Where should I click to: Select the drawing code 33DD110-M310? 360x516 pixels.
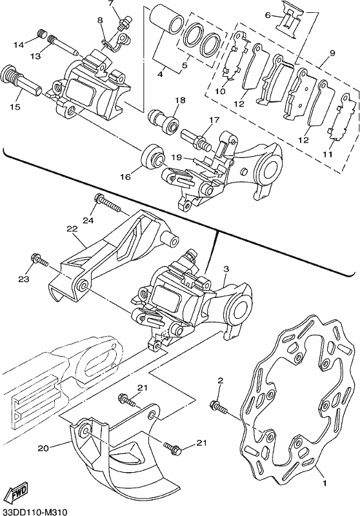pos(34,511)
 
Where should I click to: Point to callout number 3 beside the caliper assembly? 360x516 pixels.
pos(226,269)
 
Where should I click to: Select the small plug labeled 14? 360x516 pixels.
pos(41,34)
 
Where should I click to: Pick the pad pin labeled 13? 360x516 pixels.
pos(63,45)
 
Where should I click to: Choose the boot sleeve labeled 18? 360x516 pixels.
pos(163,121)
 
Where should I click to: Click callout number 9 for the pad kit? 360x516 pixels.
pos(331,53)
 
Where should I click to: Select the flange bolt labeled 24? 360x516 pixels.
pos(107,204)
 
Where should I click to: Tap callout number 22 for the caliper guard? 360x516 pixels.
pos(72,228)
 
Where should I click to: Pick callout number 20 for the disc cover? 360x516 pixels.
pos(44,448)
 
